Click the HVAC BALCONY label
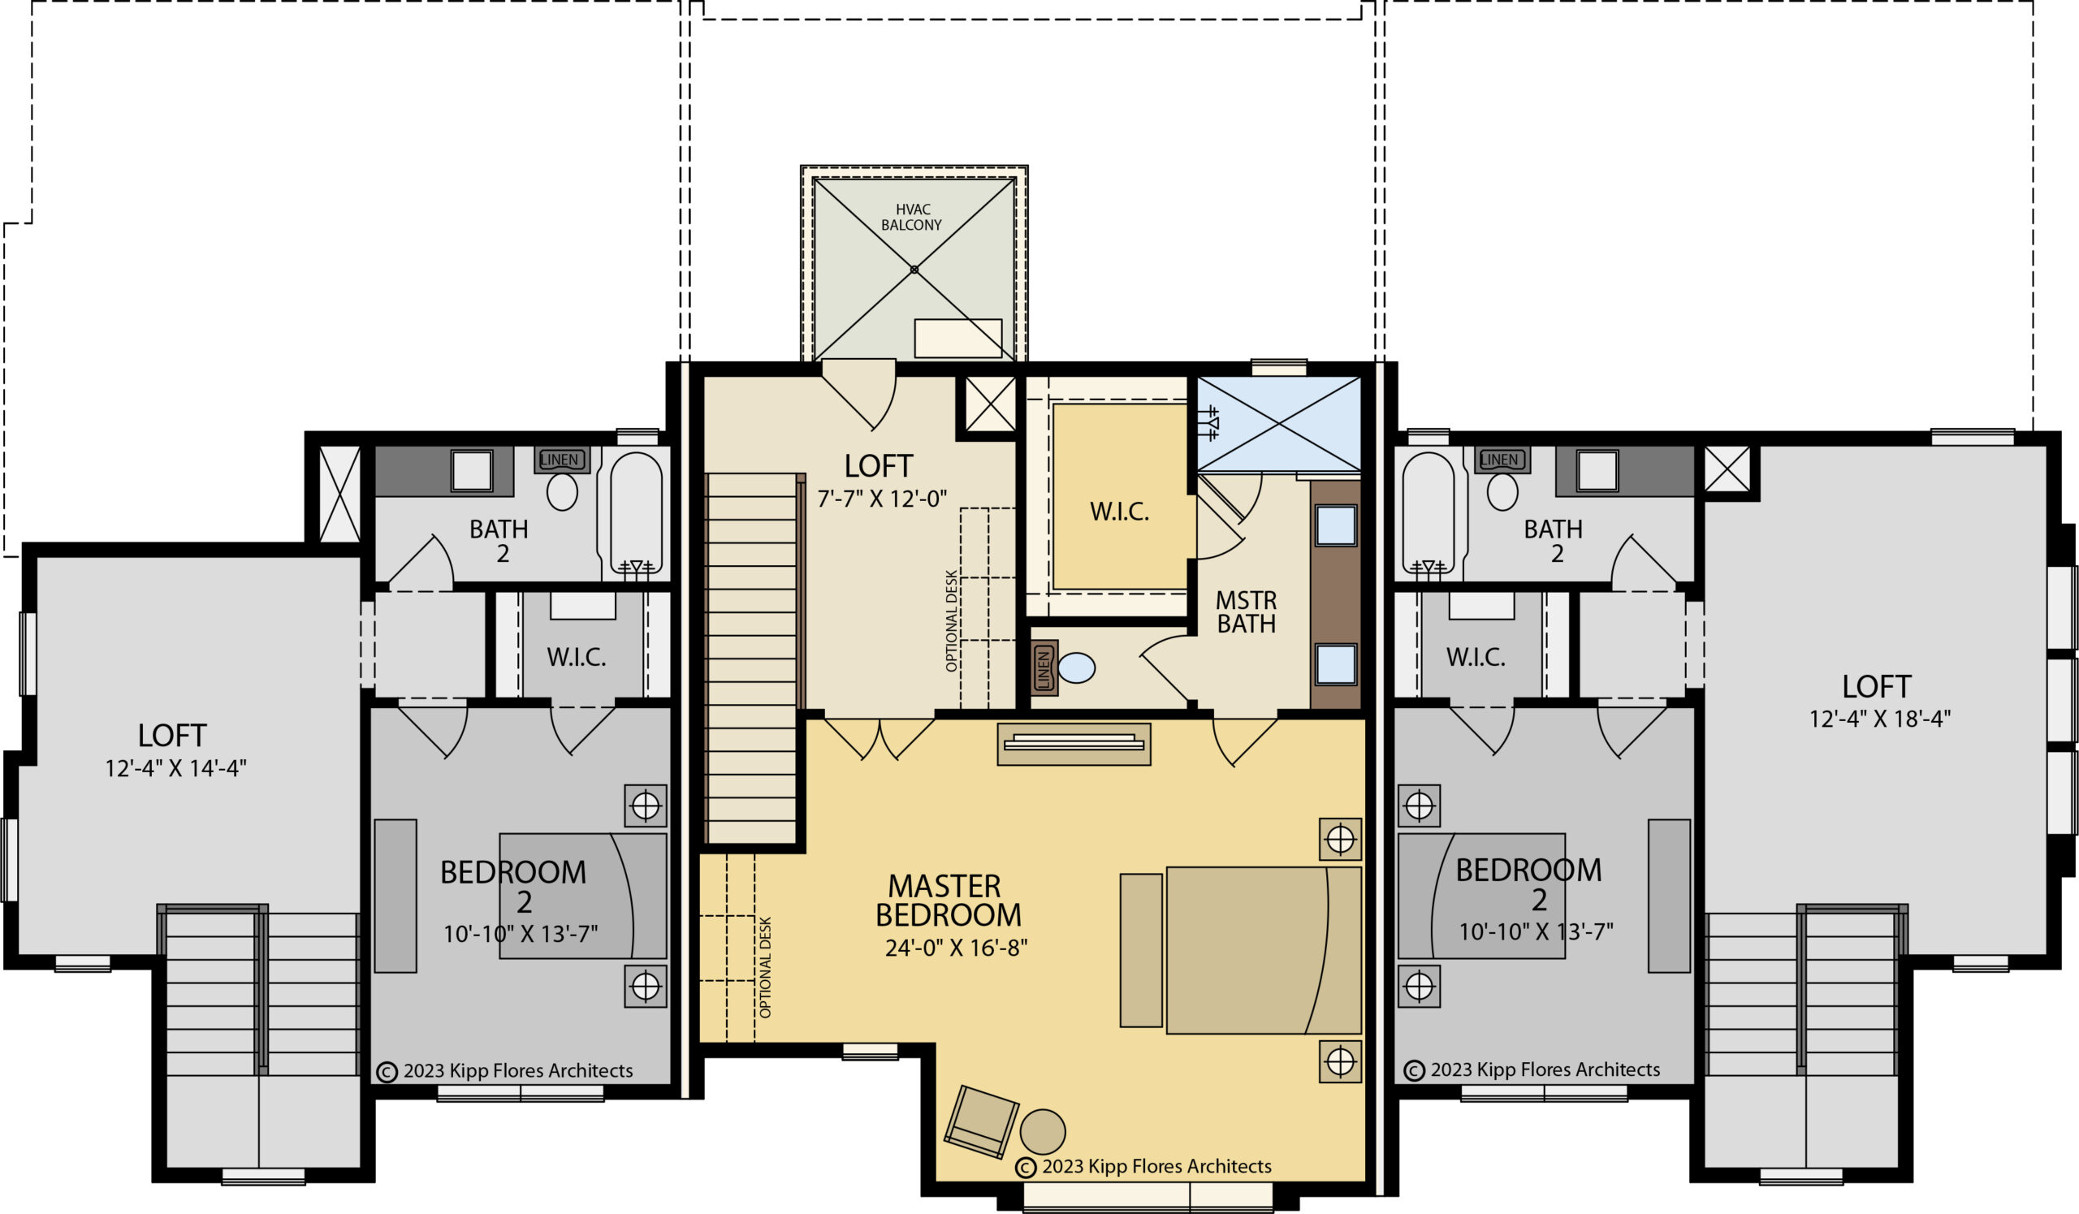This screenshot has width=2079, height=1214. point(912,218)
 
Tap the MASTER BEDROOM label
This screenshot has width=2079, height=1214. point(948,901)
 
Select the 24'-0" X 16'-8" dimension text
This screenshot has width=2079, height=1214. point(956,948)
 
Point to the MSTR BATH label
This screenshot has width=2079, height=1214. point(1246,612)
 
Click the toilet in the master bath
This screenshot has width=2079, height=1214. point(1076,667)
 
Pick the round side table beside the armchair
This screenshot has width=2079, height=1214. point(1042,1131)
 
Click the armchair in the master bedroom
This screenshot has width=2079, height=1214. point(981,1121)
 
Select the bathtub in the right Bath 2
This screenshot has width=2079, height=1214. point(1429,513)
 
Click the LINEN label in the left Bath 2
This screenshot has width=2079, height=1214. point(560,460)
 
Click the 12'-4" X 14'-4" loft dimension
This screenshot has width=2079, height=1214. point(175,769)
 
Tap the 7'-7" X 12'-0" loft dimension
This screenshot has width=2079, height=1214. point(882,499)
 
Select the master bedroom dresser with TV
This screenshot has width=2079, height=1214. point(1074,744)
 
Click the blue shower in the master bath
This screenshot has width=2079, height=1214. point(1278,424)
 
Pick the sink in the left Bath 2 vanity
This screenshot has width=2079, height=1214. point(471,471)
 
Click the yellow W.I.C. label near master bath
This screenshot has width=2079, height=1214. point(1120,512)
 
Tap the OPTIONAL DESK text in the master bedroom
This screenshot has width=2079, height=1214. point(765,966)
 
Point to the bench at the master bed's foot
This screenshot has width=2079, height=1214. point(1141,950)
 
